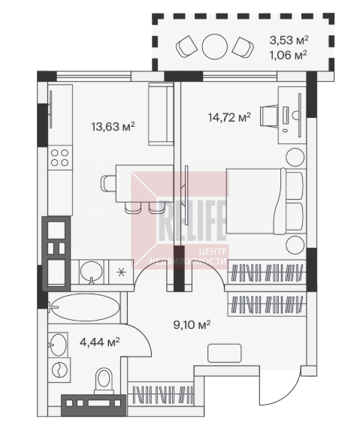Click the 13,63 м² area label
click(113, 127)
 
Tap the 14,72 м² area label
click(229, 117)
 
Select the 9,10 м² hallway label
click(192, 325)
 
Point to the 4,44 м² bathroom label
click(100, 342)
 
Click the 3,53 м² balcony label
click(289, 41)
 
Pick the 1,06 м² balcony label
click(288, 56)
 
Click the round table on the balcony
click(214, 47)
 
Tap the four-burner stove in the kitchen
click(60, 158)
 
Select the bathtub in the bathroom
click(84, 307)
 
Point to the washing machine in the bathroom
click(59, 370)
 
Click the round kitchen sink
click(91, 272)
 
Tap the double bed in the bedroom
click(265, 201)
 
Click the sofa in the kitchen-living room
click(161, 114)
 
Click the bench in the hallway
click(225, 353)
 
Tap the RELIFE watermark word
click(192, 221)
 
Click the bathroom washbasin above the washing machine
click(58, 345)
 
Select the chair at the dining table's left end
click(108, 183)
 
